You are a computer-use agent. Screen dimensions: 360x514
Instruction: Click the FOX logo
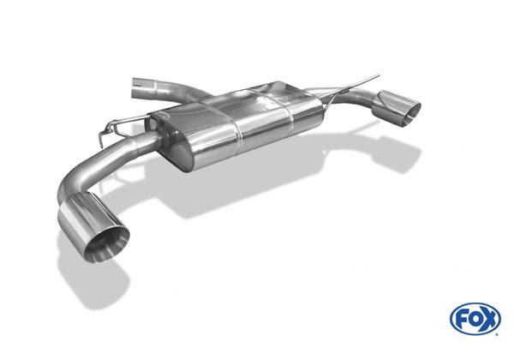475,319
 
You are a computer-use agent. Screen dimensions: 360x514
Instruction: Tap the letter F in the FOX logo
463,319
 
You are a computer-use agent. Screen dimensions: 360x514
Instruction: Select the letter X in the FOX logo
489,319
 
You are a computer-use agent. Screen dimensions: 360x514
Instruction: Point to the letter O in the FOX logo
475,319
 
